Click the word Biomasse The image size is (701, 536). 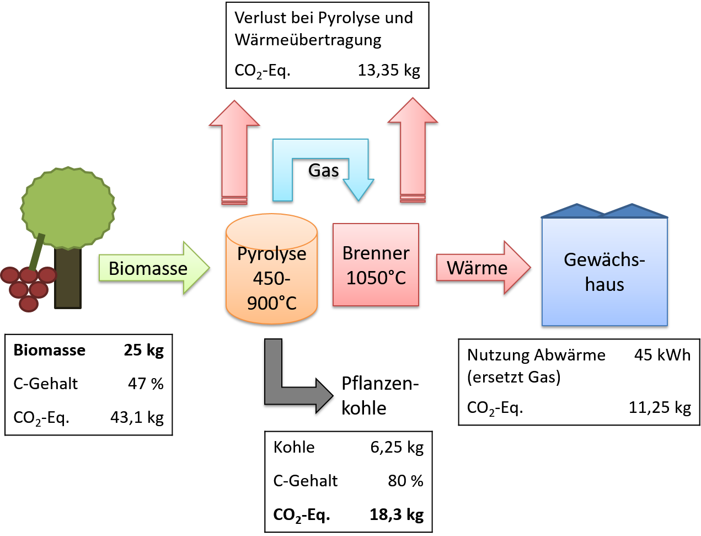click(148, 268)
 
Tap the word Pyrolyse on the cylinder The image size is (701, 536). click(271, 254)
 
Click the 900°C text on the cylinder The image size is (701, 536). click(271, 303)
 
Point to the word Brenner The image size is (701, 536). click(376, 253)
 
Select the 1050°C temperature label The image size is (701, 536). click(376, 278)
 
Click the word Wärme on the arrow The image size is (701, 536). click(477, 268)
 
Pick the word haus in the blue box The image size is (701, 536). click(604, 284)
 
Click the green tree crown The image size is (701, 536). click(68, 207)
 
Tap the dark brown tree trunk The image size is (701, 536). click(68, 282)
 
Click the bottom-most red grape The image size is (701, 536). click(29, 304)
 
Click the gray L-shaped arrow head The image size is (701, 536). click(324, 396)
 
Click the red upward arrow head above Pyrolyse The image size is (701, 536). click(234, 114)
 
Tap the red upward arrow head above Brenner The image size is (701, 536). click(413, 111)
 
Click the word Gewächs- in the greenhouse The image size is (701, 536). click(604, 259)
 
